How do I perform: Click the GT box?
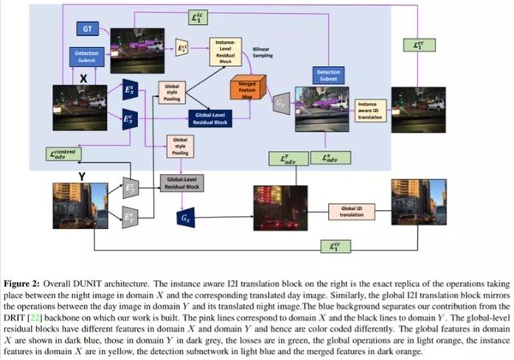(87, 28)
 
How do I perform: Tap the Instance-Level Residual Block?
(228, 51)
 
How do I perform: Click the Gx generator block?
(186, 219)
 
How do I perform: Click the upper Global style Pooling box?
(172, 90)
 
